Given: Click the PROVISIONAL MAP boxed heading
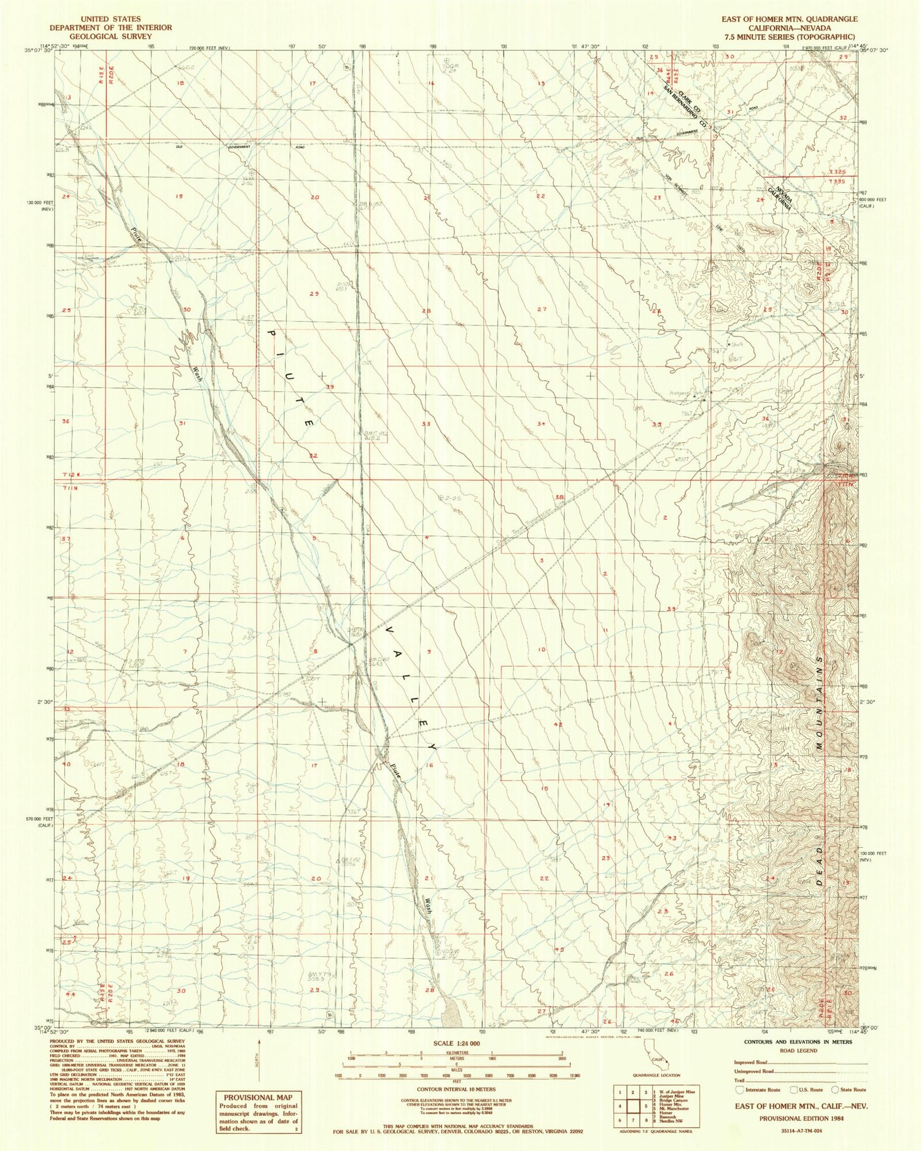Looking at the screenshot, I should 258,1097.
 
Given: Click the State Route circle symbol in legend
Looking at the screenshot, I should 834,1089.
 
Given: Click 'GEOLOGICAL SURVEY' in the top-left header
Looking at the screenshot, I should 110,36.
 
